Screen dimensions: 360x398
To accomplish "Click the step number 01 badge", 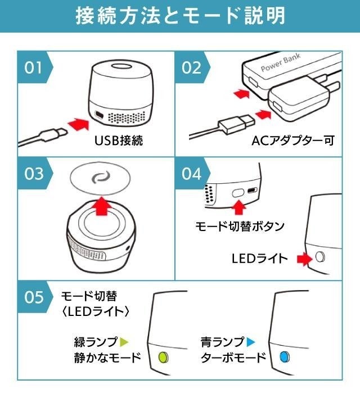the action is pos(34,67).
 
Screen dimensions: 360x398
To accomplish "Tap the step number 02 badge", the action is pos(192,67).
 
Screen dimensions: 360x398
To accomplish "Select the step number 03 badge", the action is pos(34,174).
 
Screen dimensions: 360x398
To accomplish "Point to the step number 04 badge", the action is pos(192,174).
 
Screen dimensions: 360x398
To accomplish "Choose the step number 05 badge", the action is pos(34,297).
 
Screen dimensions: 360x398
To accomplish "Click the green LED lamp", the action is pos(163,357).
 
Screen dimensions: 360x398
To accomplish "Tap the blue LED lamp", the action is pos(285,357).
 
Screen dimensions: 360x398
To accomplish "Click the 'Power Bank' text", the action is pos(281,62).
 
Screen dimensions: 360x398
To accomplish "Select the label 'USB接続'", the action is pos(119,141).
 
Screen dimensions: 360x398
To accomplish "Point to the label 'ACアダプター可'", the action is pos(293,141).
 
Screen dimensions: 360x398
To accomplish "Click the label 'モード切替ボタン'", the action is pos(240,226).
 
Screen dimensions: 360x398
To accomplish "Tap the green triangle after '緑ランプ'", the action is pos(124,342).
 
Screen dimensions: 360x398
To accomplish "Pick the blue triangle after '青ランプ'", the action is pos(251,342).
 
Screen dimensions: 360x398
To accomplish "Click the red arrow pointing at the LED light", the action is pos(304,259).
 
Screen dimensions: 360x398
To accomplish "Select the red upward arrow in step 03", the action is pos(102,206).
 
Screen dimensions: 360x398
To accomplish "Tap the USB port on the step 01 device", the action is pos(98,115).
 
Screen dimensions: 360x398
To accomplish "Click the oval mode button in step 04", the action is pos(238,193).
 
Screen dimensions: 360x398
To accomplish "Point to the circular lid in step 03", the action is pos(100,178).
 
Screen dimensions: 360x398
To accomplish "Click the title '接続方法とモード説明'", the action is pos(181,16).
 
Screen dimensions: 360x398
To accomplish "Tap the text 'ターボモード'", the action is pos(233,358).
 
